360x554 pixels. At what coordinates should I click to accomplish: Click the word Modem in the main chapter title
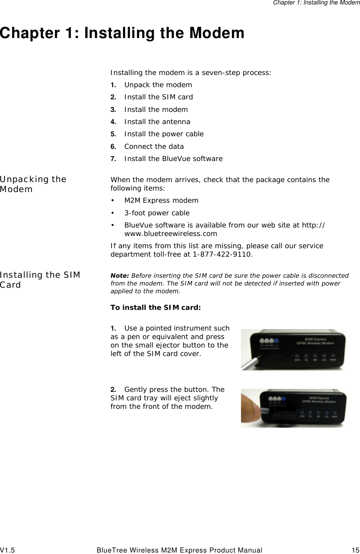(217, 33)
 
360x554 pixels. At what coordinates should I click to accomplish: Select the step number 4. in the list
(113, 122)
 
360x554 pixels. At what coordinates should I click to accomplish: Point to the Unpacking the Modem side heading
(33, 184)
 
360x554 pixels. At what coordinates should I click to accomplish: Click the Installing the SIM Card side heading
(40, 280)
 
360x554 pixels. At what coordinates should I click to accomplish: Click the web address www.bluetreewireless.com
(170, 234)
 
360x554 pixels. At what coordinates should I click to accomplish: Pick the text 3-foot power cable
(157, 213)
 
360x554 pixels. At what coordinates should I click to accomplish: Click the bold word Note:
(119, 276)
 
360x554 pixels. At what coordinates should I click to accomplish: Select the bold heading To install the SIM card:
(156, 307)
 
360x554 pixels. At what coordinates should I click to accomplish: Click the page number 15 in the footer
(355, 550)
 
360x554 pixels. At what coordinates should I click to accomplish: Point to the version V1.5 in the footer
(8, 550)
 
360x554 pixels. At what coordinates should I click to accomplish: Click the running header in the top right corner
(316, 3)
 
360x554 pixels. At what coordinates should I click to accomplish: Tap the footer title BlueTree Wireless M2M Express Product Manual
(179, 550)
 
